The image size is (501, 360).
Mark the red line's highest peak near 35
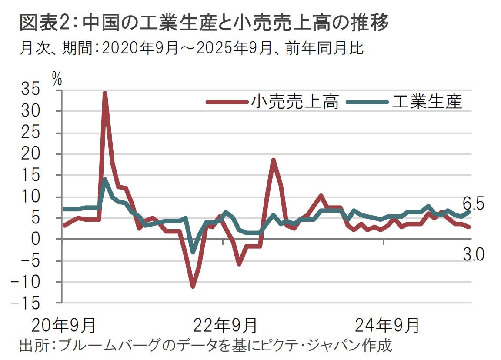(105, 93)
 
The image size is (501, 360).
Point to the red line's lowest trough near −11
(193, 286)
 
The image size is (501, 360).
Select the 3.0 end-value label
(473, 255)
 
